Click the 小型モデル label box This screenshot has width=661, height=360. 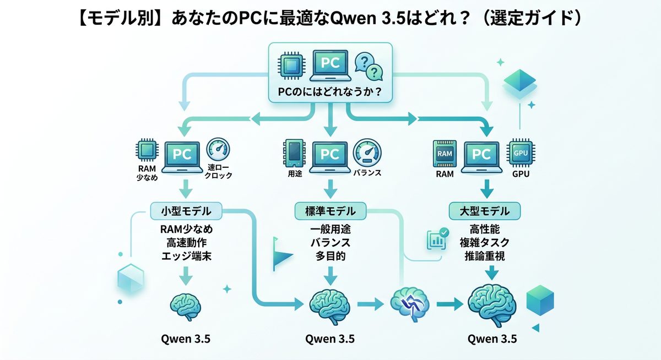coord(186,210)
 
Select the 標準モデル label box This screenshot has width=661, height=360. coord(330,210)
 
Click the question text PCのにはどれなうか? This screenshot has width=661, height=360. coord(330,91)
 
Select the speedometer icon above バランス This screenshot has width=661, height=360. coord(366,152)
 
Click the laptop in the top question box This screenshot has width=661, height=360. coord(330,65)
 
